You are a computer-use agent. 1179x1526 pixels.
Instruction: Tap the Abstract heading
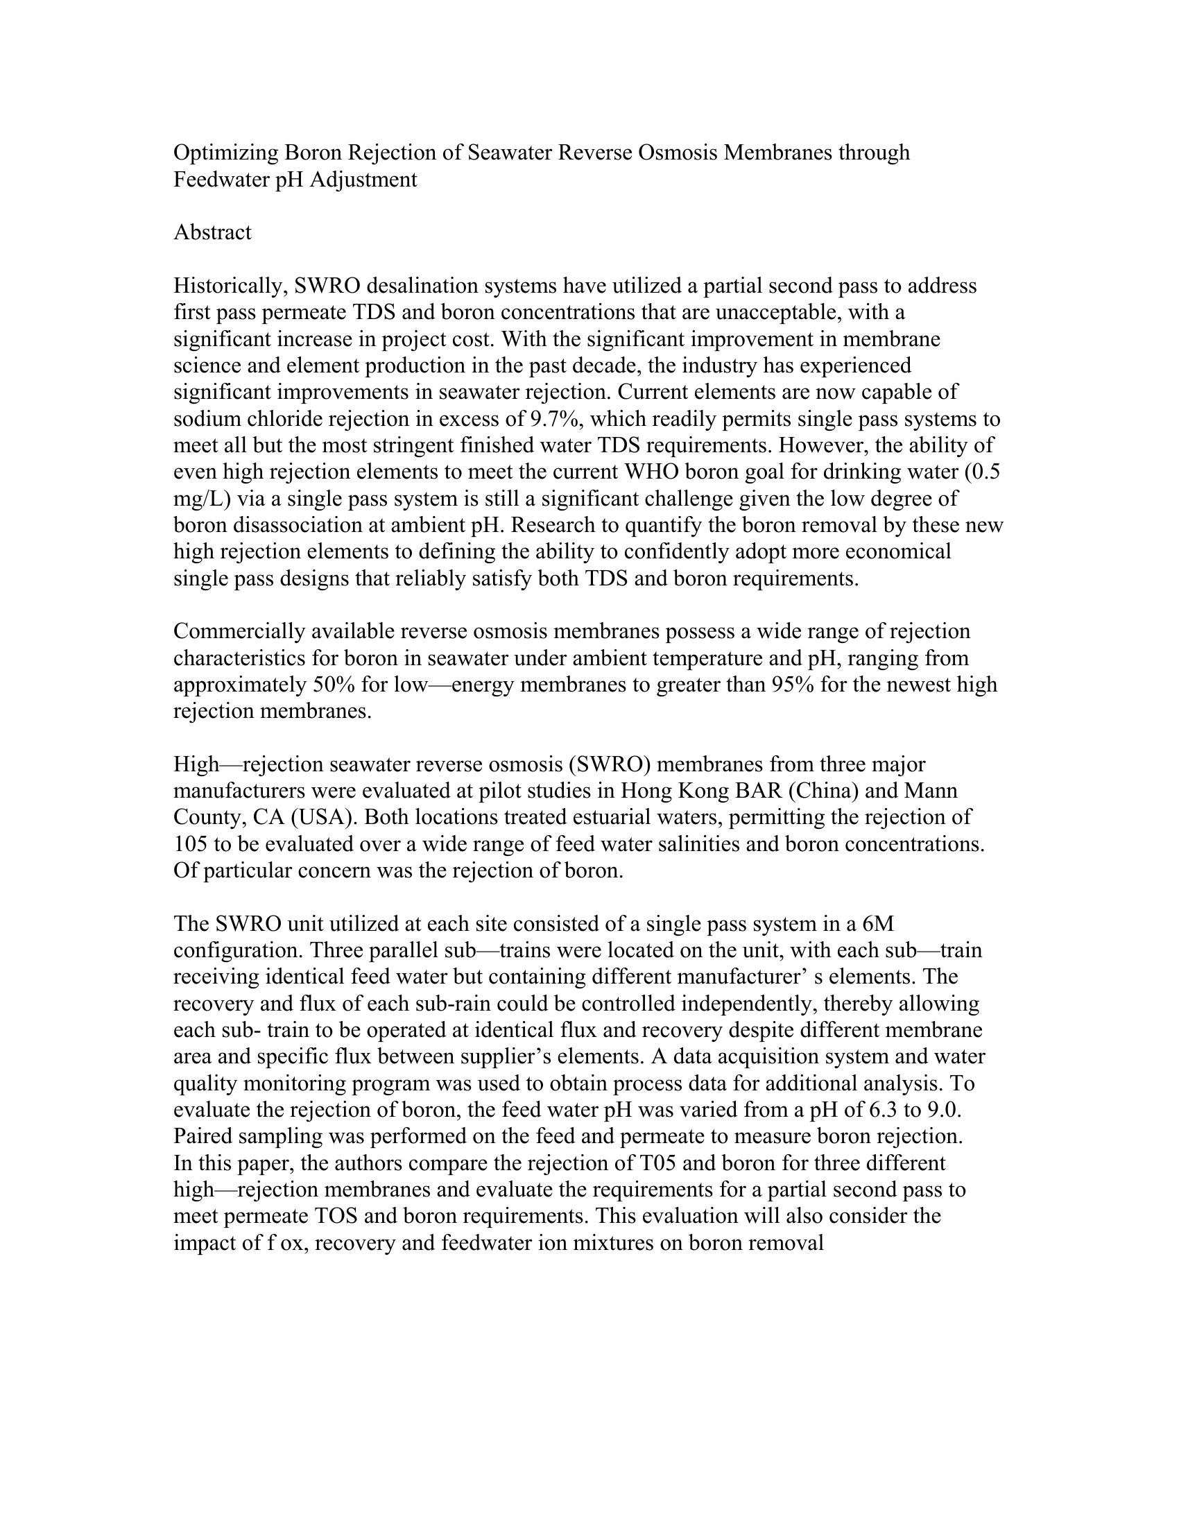point(212,232)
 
